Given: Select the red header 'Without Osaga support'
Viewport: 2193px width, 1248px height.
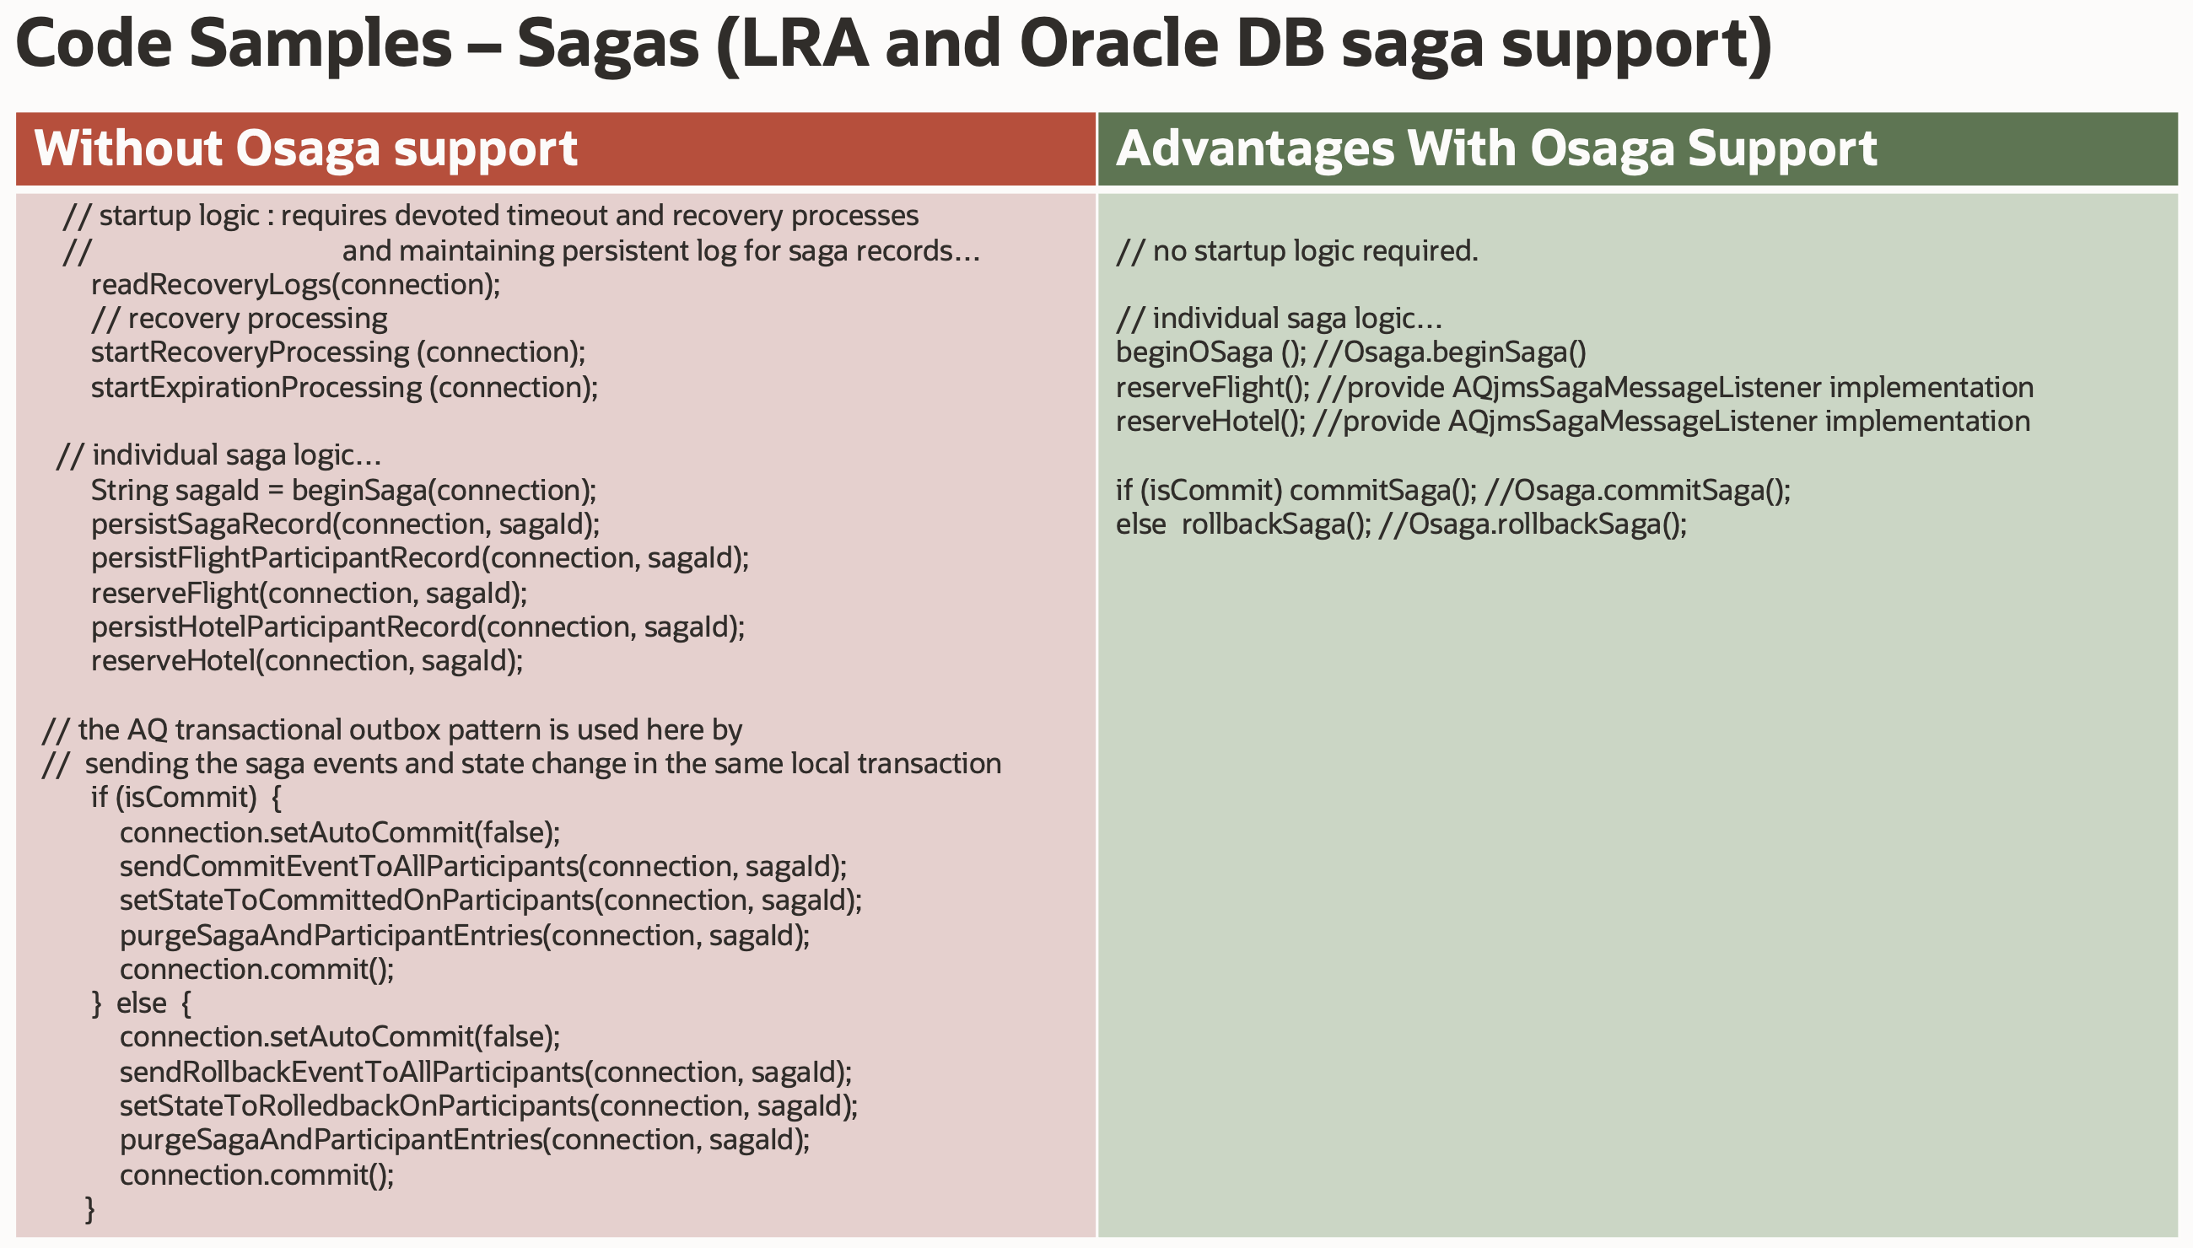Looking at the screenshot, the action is pyautogui.click(x=305, y=148).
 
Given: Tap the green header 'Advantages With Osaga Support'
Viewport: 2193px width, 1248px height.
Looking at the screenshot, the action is pyautogui.click(x=1496, y=148).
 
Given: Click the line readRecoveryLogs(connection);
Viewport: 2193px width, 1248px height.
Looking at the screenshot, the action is pyautogui.click(x=296, y=284).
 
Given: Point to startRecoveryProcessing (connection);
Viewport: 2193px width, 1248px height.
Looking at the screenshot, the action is pyautogui.click(x=337, y=352).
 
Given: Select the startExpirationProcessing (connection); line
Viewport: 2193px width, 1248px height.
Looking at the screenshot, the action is pyautogui.click(x=345, y=387).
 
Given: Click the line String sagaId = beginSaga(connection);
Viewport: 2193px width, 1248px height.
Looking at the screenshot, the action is pyautogui.click(x=344, y=490).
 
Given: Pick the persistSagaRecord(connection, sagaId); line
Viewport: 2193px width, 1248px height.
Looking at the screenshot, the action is pyautogui.click(x=346, y=524).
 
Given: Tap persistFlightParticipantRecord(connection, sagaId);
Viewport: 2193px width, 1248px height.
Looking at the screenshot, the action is pyautogui.click(x=420, y=558).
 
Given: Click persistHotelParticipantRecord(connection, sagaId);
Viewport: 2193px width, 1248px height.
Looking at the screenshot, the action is pyautogui.click(x=418, y=627).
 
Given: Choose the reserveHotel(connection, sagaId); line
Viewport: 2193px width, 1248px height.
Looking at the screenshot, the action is pyautogui.click(x=307, y=661).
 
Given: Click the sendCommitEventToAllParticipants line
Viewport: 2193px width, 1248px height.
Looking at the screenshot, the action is pyautogui.click(x=483, y=867).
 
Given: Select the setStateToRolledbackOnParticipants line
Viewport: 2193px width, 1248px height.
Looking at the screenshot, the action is pyautogui.click(x=488, y=1105).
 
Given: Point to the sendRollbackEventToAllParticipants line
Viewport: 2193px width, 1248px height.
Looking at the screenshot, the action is pyautogui.click(x=486, y=1073).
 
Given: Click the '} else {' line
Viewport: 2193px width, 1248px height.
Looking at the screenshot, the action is pyautogui.click(x=142, y=1003).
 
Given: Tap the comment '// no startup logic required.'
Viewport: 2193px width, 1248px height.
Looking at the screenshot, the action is pyautogui.click(x=1297, y=250).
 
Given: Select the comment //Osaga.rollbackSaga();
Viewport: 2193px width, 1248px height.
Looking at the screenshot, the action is pyautogui.click(x=1533, y=524).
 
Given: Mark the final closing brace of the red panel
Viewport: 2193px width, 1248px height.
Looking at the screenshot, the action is pyautogui.click(x=90, y=1208).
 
